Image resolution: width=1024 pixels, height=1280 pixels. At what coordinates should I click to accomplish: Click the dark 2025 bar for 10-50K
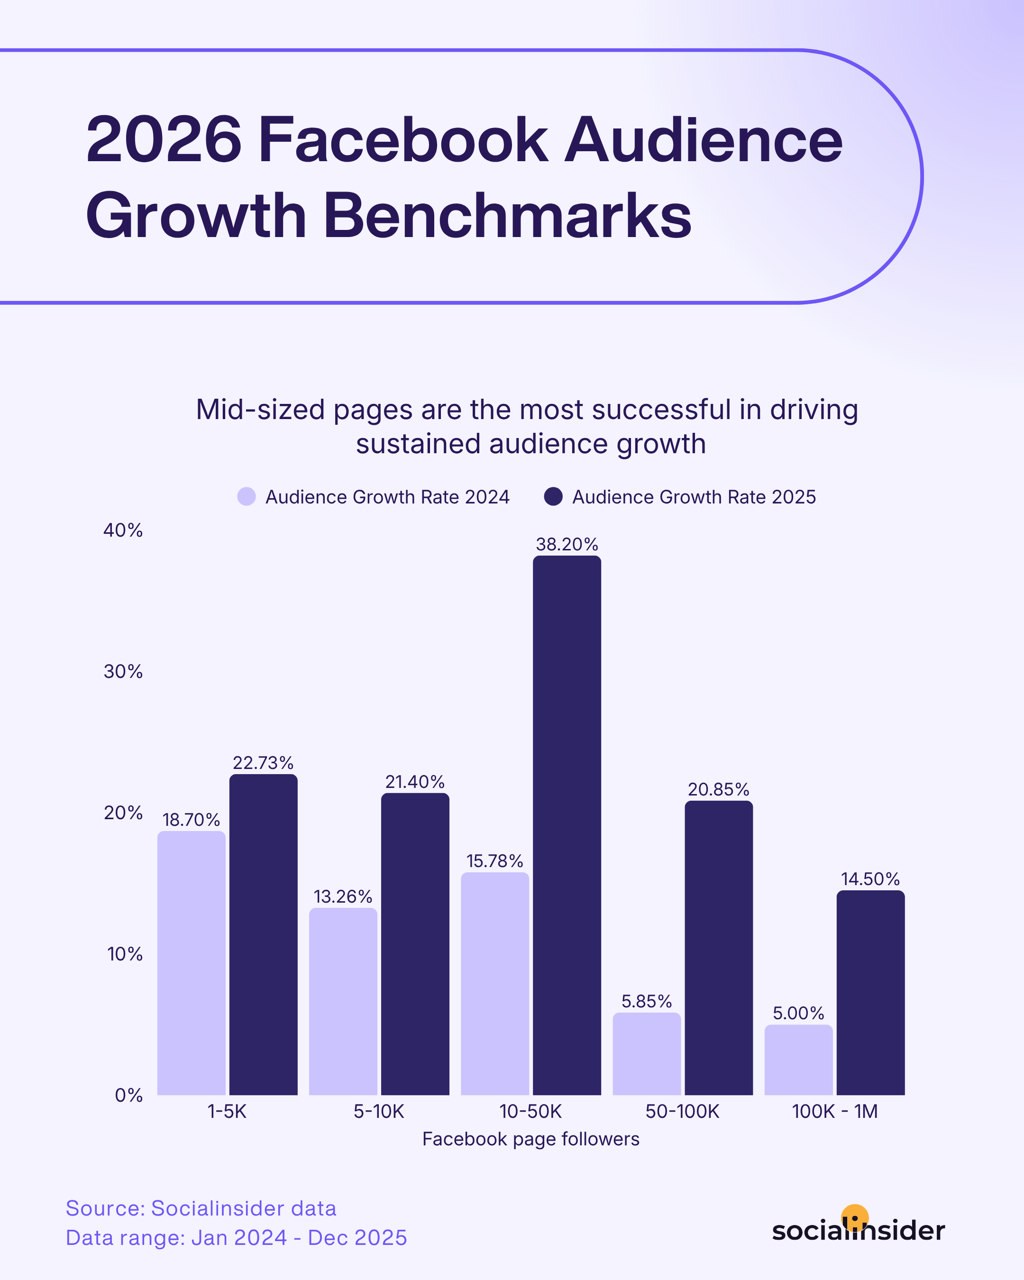[x=567, y=825]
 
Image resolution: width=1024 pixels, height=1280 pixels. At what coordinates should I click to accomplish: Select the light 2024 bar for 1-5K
[x=191, y=962]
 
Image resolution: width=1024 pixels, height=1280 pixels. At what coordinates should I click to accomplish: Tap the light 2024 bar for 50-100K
[x=647, y=1054]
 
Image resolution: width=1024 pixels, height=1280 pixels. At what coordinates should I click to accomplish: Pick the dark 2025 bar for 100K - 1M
[x=870, y=991]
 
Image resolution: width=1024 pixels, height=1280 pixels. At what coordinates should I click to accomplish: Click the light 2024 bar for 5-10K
[x=343, y=1000]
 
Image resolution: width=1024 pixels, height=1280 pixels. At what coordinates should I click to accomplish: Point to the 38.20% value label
[x=567, y=544]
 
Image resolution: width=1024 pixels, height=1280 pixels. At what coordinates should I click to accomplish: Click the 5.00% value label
[x=798, y=1013]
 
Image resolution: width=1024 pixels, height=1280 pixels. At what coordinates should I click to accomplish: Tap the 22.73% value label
[x=263, y=763]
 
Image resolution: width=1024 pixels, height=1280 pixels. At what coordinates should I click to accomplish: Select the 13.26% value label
[x=343, y=896]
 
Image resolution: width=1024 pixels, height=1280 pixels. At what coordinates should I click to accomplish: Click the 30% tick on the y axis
[x=123, y=671]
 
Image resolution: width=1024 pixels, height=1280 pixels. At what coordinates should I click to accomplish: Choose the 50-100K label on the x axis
[x=682, y=1111]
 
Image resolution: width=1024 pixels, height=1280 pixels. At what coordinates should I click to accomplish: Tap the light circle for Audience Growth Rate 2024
[x=247, y=496]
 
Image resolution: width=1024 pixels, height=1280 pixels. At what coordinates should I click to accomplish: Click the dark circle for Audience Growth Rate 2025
[x=553, y=496]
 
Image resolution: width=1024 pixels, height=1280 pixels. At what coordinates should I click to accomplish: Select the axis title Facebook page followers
[x=530, y=1139]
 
